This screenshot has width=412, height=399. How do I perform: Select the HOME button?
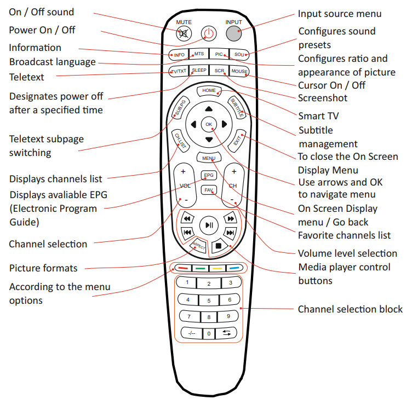(x=209, y=90)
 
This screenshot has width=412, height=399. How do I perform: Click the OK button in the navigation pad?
(x=209, y=125)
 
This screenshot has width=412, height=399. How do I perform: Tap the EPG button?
(x=209, y=176)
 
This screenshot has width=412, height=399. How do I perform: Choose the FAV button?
(x=209, y=190)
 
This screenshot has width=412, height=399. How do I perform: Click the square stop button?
(x=218, y=246)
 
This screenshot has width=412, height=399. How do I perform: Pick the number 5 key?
(x=209, y=300)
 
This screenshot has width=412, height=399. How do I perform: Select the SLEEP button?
(x=199, y=71)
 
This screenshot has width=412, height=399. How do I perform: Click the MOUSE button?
(x=239, y=71)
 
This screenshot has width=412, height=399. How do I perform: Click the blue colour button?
(x=234, y=268)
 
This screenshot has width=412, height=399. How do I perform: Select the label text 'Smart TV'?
(x=318, y=115)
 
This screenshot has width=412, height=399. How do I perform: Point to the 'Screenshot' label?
(x=323, y=98)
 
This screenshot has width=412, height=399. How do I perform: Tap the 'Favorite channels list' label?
(x=344, y=235)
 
